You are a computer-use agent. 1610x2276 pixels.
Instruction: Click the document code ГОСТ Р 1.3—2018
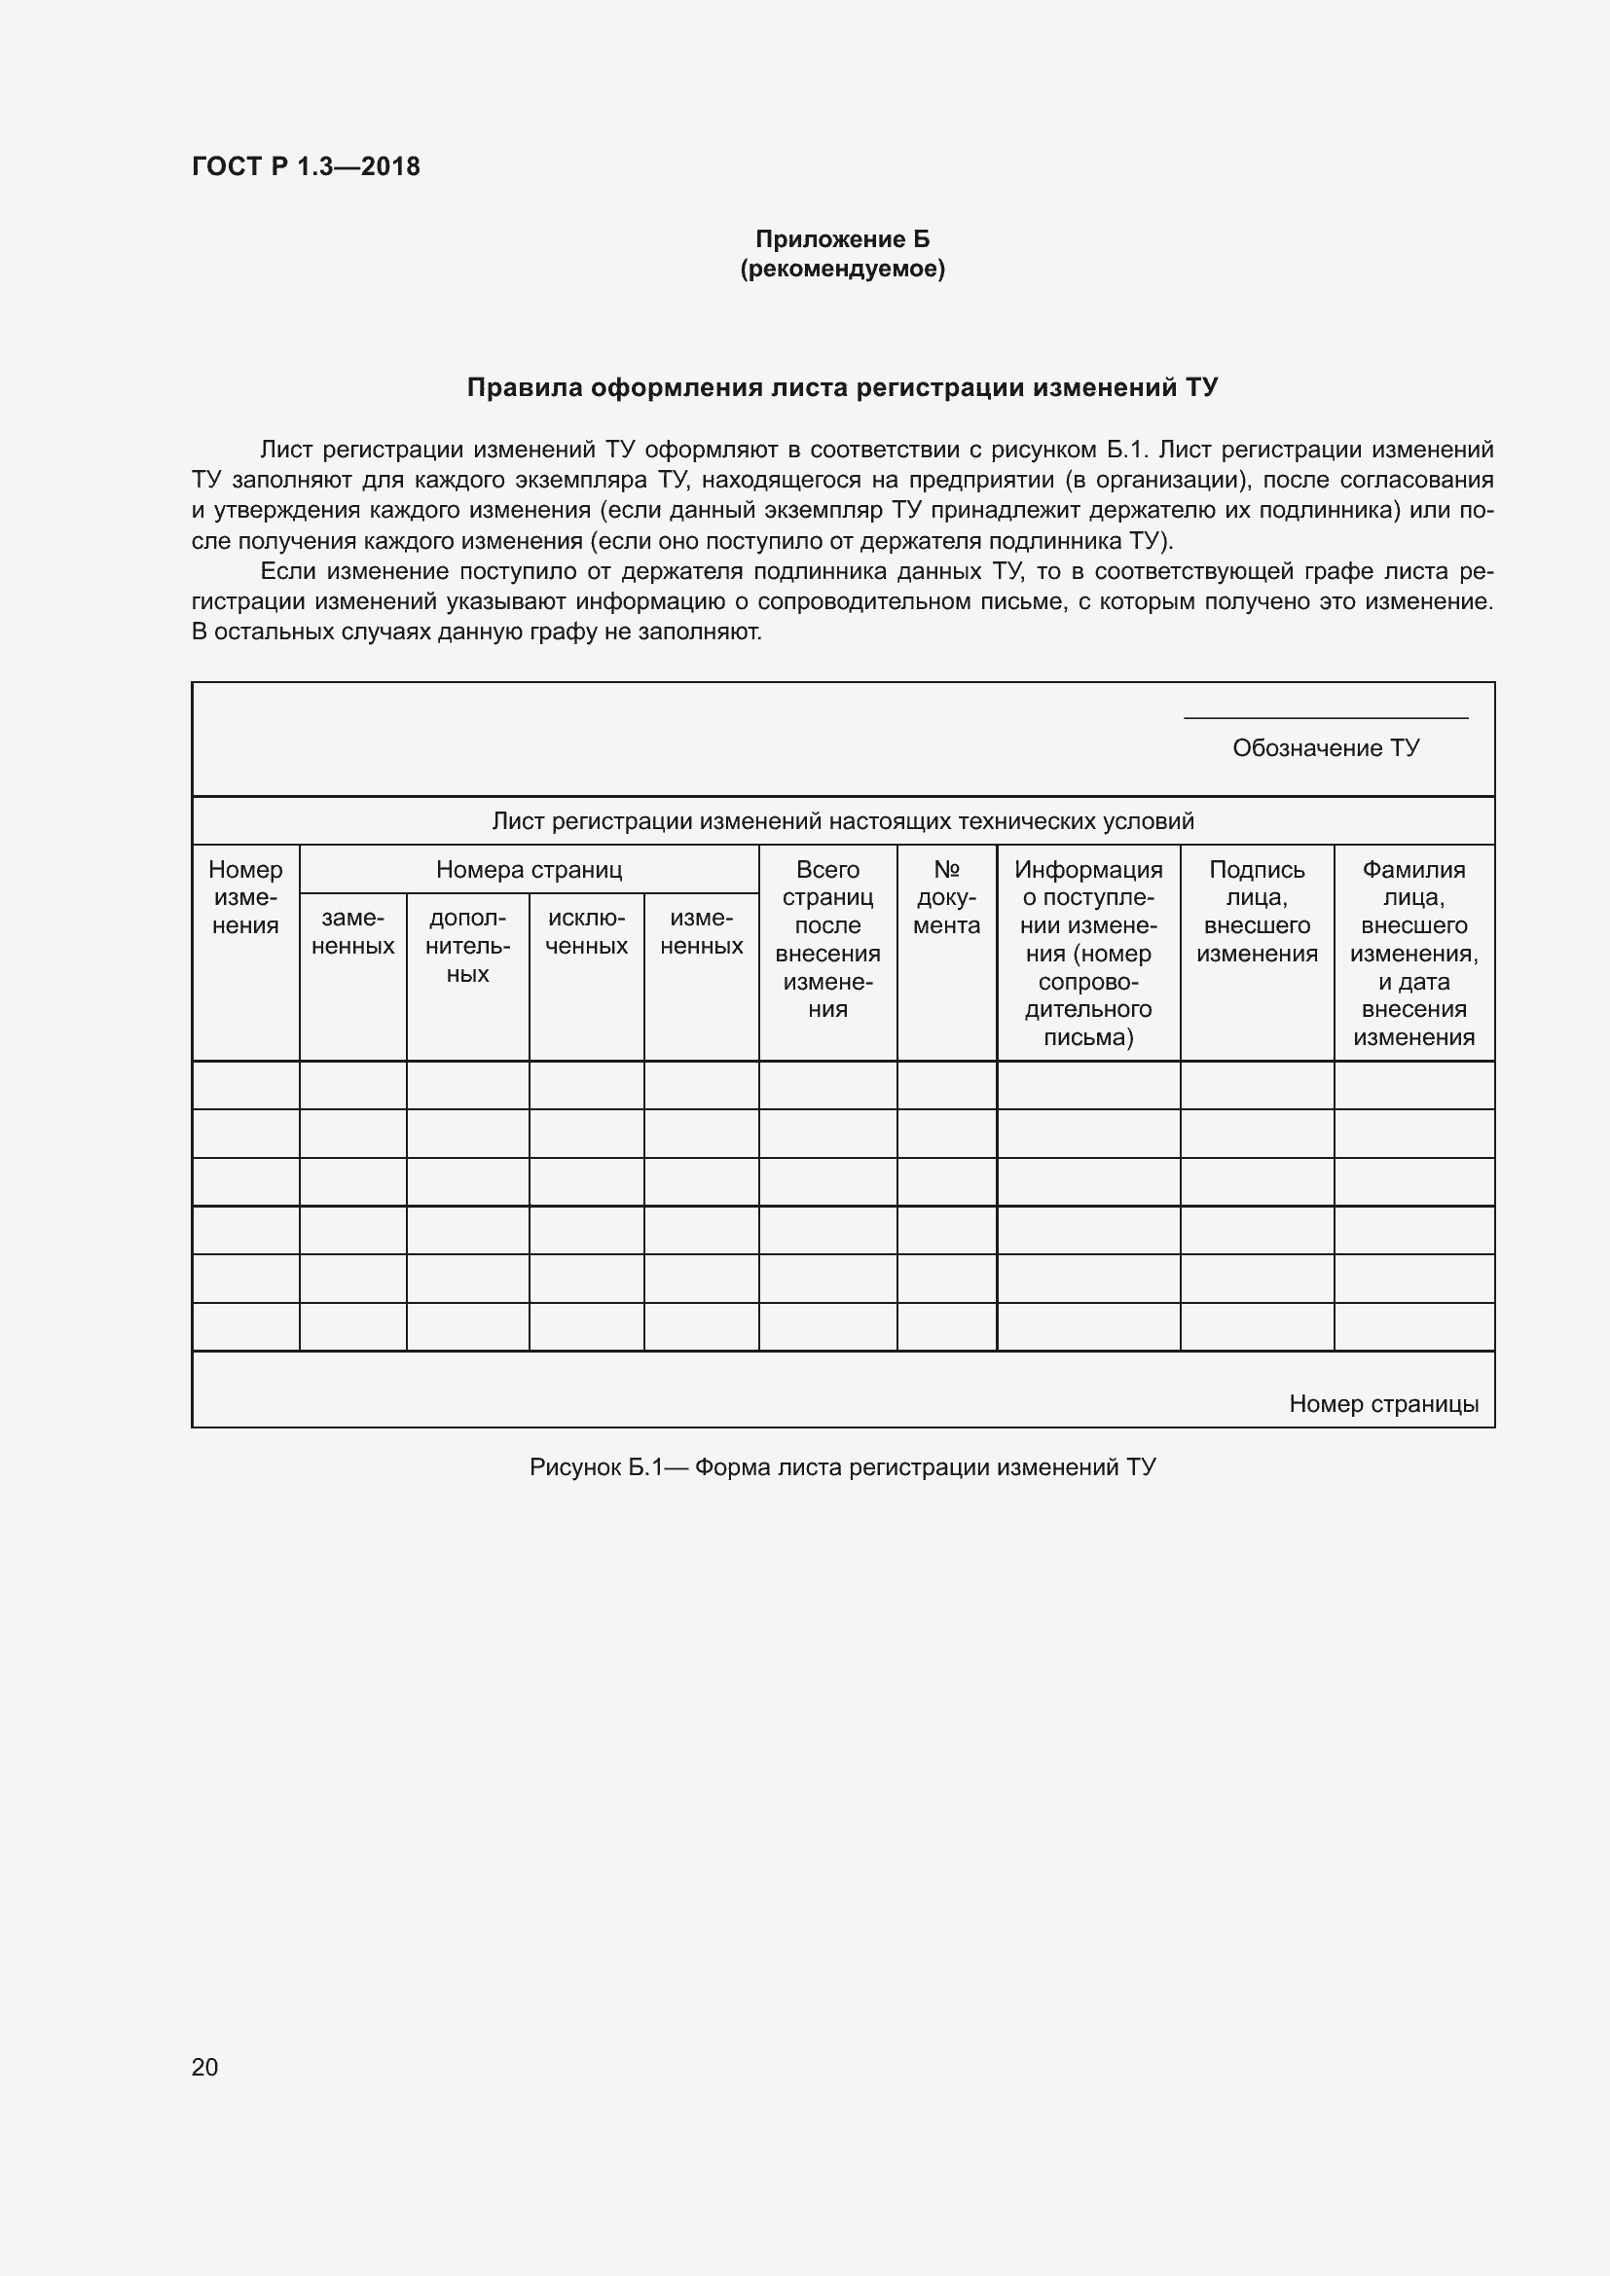pyautogui.click(x=306, y=166)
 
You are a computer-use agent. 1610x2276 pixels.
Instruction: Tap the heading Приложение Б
pyautogui.click(x=842, y=239)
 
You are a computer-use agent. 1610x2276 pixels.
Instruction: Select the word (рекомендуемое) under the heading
pyautogui.click(x=842, y=269)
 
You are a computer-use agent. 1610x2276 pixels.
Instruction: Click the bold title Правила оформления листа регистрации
pyautogui.click(x=842, y=387)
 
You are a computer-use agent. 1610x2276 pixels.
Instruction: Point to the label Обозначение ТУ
pyautogui.click(x=1326, y=747)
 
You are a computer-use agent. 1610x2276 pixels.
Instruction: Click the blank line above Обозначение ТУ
pyautogui.click(x=1326, y=717)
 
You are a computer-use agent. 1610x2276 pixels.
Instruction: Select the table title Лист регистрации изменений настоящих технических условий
pyautogui.click(x=843, y=821)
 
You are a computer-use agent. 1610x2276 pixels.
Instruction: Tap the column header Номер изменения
pyautogui.click(x=245, y=897)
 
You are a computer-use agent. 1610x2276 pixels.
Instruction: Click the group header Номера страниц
pyautogui.click(x=529, y=869)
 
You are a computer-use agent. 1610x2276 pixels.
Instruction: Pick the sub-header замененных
pyautogui.click(x=353, y=932)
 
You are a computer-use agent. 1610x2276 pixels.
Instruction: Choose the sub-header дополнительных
pyautogui.click(x=467, y=946)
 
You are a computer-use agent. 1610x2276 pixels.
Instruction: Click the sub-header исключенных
pyautogui.click(x=586, y=932)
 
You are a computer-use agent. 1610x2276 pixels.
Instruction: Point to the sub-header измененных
pyautogui.click(x=701, y=932)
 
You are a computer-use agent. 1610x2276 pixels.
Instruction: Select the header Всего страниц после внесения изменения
pyautogui.click(x=827, y=939)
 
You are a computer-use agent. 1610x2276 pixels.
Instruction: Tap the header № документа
pyautogui.click(x=946, y=897)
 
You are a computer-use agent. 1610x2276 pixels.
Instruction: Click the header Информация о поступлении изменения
pyautogui.click(x=1087, y=953)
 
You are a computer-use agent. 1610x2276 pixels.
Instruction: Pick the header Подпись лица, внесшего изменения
pyautogui.click(x=1256, y=911)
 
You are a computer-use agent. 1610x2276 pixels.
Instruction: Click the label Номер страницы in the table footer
pyautogui.click(x=1383, y=1404)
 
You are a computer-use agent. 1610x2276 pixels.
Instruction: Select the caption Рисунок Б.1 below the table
pyautogui.click(x=842, y=1467)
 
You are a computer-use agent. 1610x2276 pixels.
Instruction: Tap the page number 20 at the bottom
pyautogui.click(x=204, y=2067)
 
